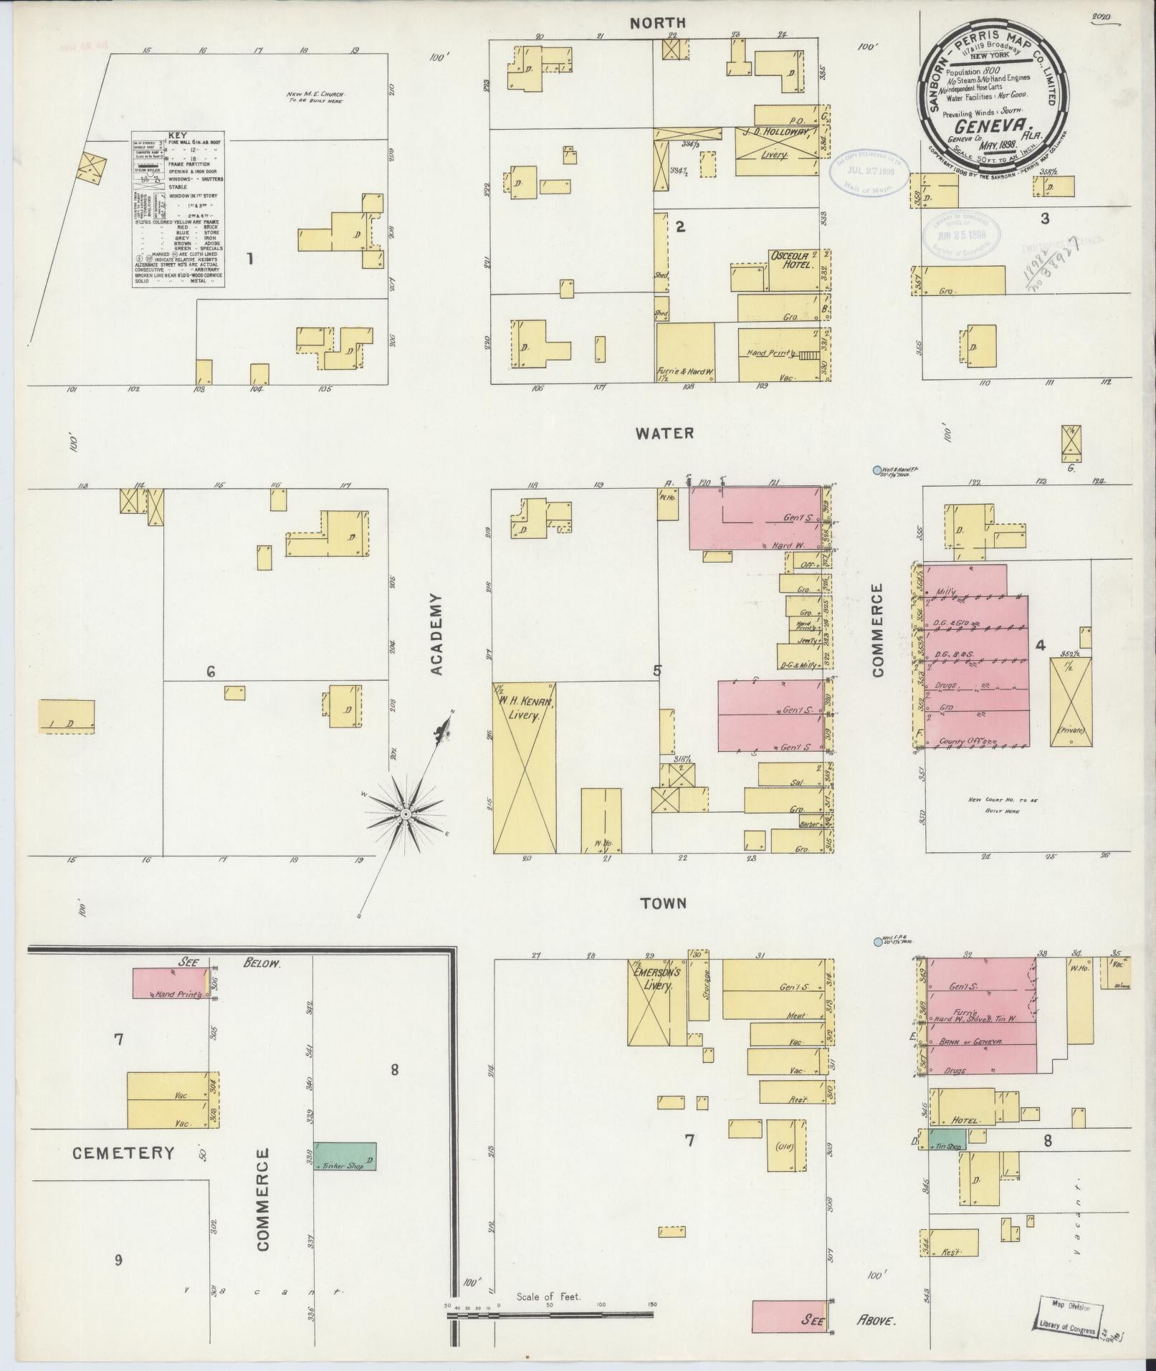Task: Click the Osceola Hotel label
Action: click(x=791, y=259)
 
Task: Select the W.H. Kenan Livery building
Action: click(x=523, y=767)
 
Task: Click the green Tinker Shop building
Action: click(x=345, y=1156)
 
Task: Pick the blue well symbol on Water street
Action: click(x=876, y=470)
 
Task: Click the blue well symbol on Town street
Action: click(x=876, y=942)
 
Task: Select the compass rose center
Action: click(x=406, y=815)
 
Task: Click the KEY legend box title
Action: click(x=177, y=135)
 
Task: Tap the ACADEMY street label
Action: click(x=437, y=634)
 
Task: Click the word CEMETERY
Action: click(x=123, y=1153)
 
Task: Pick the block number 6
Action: click(x=211, y=672)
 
